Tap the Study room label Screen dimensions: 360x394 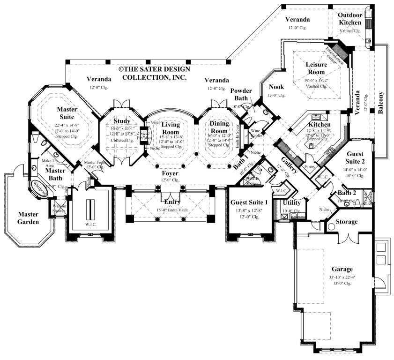(122, 121)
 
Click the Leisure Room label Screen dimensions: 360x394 (316, 68)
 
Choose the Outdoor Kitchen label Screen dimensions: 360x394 (350, 19)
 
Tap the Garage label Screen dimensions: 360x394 (342, 269)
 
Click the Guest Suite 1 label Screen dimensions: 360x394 (249, 202)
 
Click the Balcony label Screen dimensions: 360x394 (380, 104)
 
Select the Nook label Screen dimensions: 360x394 (276, 87)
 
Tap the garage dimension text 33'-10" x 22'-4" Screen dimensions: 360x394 (342, 277)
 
